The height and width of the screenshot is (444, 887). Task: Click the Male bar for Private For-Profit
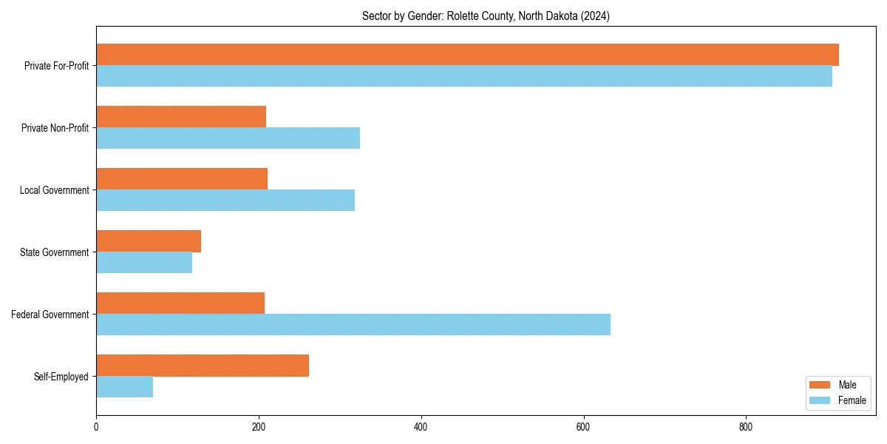467,55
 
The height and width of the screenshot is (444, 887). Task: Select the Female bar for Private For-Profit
464,76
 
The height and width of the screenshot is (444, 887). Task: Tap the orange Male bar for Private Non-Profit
181,117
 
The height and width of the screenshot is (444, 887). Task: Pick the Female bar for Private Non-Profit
228,138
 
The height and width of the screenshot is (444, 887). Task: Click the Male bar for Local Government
182,179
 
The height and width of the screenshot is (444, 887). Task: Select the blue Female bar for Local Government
225,201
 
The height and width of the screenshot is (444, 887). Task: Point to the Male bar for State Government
149,241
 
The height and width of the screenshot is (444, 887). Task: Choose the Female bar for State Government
144,263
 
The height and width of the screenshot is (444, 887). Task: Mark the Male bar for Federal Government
180,303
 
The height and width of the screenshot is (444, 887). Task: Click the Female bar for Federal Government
353,325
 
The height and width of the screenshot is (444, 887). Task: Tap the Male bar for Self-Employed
203,366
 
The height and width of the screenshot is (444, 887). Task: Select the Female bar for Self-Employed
124,387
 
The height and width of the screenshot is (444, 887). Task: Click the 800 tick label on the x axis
746,427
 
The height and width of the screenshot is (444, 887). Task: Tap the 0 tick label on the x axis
96,427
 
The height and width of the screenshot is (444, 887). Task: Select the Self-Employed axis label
61,377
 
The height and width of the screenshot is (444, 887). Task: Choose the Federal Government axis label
50,314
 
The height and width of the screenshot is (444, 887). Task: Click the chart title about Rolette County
486,16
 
